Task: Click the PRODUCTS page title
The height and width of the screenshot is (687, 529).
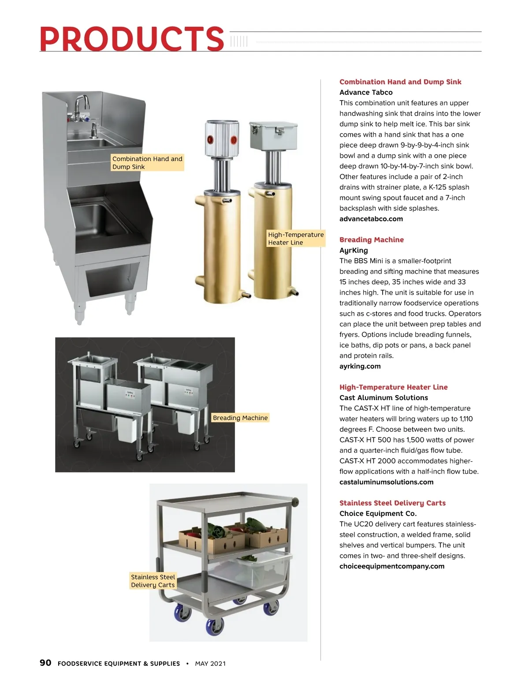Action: tap(132, 39)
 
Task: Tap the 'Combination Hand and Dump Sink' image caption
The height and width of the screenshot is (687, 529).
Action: tap(147, 163)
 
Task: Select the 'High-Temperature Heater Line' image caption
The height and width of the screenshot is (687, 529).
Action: tap(296, 239)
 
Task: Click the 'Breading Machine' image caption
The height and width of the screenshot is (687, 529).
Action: tap(240, 418)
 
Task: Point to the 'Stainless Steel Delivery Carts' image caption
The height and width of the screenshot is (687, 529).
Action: tap(153, 581)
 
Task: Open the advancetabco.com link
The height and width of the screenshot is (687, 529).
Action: tap(371, 219)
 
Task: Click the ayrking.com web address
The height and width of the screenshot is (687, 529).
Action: tap(360, 366)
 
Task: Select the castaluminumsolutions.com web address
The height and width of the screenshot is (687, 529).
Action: tap(386, 482)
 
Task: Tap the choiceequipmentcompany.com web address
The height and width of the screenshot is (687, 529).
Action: tap(391, 566)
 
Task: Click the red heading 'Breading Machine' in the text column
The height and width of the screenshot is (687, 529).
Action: tap(371, 240)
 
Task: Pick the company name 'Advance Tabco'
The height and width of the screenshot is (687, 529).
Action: tap(366, 92)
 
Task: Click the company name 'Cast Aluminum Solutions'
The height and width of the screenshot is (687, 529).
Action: tap(384, 398)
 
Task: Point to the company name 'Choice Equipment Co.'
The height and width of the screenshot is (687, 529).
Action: tap(378, 514)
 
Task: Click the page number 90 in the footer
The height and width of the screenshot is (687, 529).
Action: tap(45, 663)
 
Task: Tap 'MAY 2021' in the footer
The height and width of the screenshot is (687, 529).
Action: tap(210, 664)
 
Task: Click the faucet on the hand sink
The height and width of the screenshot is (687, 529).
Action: tap(82, 104)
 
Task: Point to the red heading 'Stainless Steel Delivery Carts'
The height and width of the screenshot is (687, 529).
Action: tap(392, 503)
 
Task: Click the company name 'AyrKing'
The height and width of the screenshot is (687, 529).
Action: tap(354, 250)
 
